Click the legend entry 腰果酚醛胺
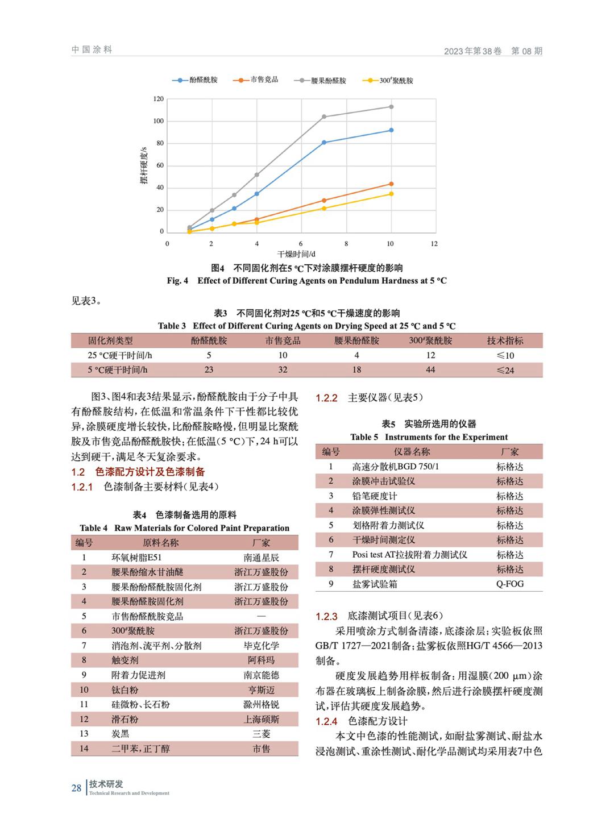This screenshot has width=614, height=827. [x=328, y=81]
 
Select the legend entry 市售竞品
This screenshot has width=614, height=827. [x=264, y=80]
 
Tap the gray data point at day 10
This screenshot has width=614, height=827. [x=391, y=107]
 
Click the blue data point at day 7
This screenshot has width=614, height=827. [x=324, y=143]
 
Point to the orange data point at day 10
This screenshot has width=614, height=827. [x=391, y=184]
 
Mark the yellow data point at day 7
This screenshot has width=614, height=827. [x=324, y=209]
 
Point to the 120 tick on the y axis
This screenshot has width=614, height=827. [x=158, y=99]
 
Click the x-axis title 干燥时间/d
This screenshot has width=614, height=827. [x=296, y=254]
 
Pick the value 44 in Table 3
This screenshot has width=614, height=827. [x=430, y=370]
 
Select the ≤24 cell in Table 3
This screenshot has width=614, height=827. [x=505, y=370]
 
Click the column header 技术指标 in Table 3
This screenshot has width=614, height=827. [x=505, y=340]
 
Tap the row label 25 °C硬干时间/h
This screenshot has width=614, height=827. [x=120, y=355]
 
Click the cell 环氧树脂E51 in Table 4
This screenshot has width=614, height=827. [x=136, y=558]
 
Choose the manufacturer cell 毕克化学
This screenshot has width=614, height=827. [x=262, y=646]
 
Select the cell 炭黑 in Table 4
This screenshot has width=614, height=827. [x=121, y=734]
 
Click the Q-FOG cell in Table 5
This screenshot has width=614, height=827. [x=509, y=584]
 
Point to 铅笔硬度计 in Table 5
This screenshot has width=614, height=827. [x=375, y=496]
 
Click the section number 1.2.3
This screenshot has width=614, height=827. [x=326, y=616]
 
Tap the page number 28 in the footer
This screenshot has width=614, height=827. [x=76, y=788]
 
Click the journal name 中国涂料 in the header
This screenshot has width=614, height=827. [x=92, y=50]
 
